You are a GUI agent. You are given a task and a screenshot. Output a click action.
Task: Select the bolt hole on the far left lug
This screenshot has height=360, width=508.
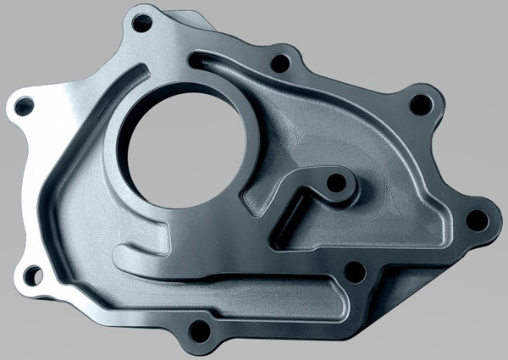click(25, 107)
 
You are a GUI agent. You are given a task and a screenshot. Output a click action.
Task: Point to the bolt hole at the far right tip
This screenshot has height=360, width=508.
click(478, 220)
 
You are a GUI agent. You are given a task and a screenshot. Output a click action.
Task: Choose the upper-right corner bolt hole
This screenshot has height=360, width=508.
click(420, 104)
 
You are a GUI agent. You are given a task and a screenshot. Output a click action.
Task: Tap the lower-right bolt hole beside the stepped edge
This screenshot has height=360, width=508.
click(356, 272)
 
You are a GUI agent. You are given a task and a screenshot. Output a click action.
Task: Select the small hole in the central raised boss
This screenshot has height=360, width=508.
click(336, 182)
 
